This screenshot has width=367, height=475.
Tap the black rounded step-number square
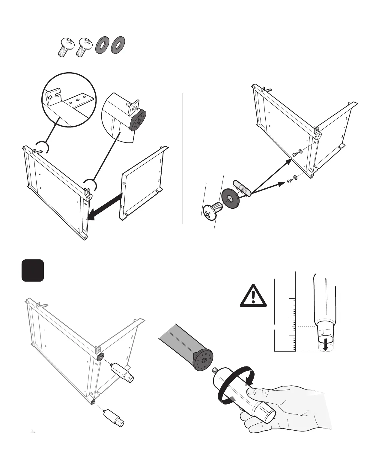33,270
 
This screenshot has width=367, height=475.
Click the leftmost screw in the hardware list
65,47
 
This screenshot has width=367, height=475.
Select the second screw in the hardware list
84,47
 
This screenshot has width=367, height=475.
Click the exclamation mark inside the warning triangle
254,297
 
